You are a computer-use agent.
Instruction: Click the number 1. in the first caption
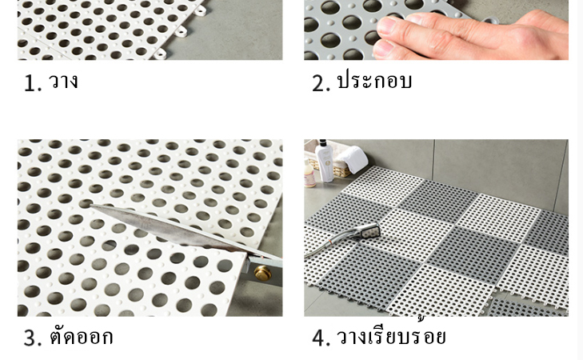pyautogui.click(x=33, y=82)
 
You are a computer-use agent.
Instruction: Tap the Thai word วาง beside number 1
pyautogui.click(x=63, y=81)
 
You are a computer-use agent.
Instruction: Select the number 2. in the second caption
pyautogui.click(x=321, y=82)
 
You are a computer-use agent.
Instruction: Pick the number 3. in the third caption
pyautogui.click(x=33, y=338)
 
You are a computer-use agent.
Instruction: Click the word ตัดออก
pyautogui.click(x=81, y=336)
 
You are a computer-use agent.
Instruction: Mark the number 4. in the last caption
pyautogui.click(x=321, y=338)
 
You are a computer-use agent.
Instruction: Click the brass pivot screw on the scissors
pyautogui.click(x=262, y=273)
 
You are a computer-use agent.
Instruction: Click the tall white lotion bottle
pyautogui.click(x=325, y=161)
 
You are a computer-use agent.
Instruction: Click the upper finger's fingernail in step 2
pyautogui.click(x=387, y=26)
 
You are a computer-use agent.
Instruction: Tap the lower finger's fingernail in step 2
pyautogui.click(x=382, y=48)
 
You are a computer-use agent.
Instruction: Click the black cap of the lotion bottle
pyautogui.click(x=323, y=143)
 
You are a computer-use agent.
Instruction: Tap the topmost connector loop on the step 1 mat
pyautogui.click(x=200, y=10)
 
